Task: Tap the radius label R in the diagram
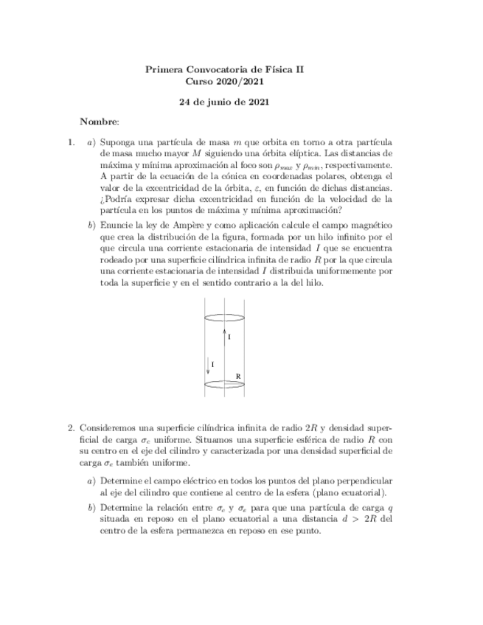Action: coord(238,376)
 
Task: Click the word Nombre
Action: coord(99,120)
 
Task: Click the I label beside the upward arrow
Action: coord(230,337)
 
